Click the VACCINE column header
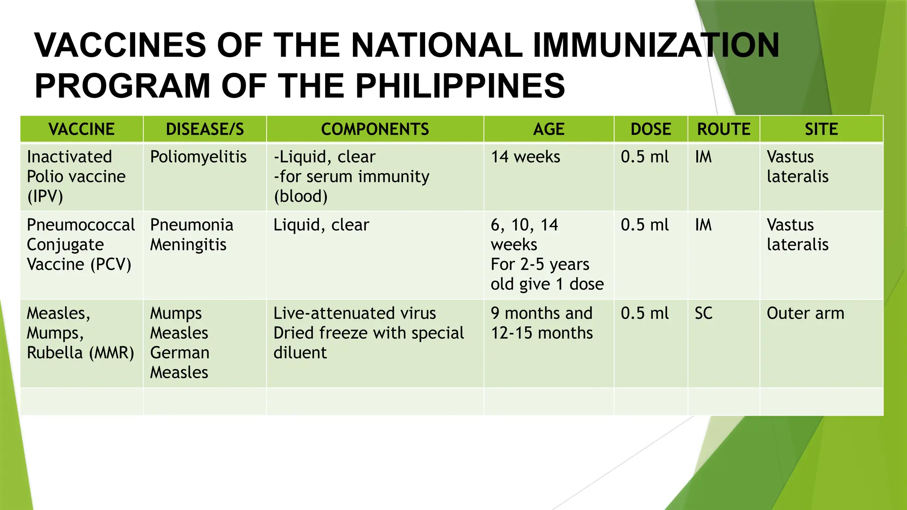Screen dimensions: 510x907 pos(81,129)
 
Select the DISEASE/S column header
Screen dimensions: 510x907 pos(205,129)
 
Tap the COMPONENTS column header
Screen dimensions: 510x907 pos(375,129)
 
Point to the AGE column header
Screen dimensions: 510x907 pos(549,129)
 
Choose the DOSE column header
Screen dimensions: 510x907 pos(651,129)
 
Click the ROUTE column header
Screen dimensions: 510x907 pos(724,129)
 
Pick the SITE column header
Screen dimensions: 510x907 pos(821,129)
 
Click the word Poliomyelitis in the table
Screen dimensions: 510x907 pos(198,157)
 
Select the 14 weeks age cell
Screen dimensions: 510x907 pos(525,157)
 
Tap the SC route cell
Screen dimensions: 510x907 pos(703,313)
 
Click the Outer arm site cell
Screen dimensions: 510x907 pos(805,313)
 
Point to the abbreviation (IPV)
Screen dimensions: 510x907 pos(45,196)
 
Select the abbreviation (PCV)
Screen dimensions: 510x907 pos(111,264)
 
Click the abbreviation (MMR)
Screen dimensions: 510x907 pos(112,353)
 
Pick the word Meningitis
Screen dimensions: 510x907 pos(188,245)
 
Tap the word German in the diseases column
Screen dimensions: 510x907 pos(180,353)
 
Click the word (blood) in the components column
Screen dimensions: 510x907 pos(301,196)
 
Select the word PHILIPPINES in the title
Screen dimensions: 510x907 pos(460,85)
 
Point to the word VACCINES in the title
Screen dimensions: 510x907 pos(120,45)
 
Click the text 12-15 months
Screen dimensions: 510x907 pos(542,333)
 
